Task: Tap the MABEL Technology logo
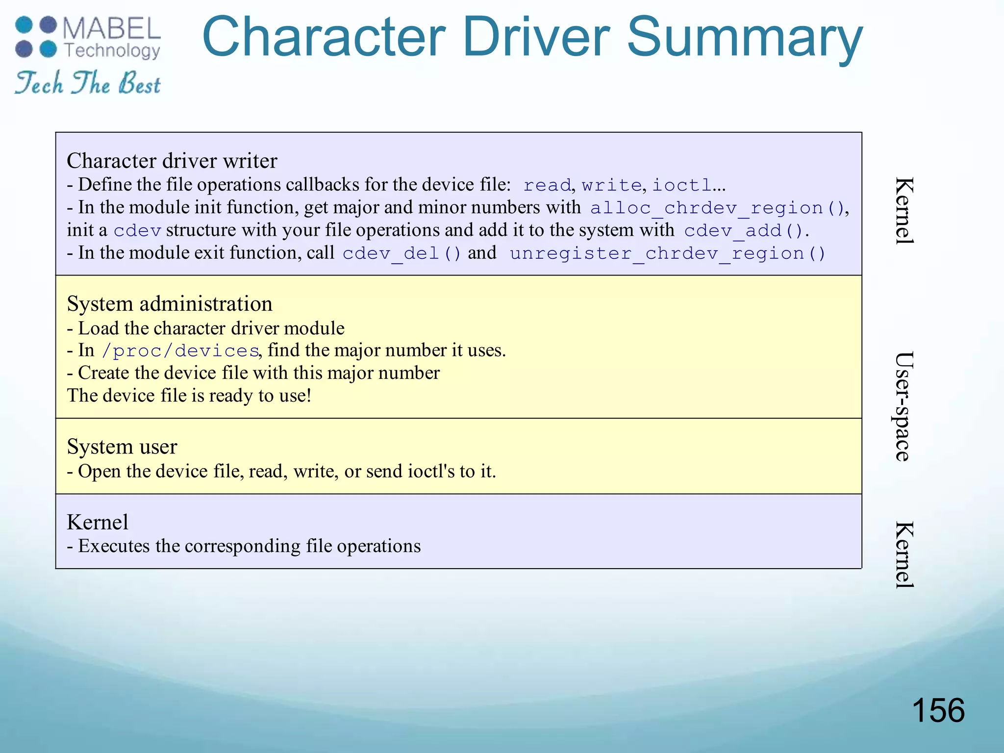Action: (x=88, y=38)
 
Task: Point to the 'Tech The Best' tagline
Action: (x=88, y=83)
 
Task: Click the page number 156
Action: (x=938, y=710)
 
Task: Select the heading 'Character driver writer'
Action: (x=172, y=161)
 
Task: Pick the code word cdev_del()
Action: (x=402, y=253)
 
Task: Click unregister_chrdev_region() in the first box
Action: (x=668, y=253)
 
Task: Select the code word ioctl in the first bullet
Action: (x=681, y=185)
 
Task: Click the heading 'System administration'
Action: (x=170, y=304)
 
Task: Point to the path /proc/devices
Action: (x=180, y=351)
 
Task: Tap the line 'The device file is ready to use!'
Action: (x=189, y=396)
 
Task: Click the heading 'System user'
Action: (x=122, y=447)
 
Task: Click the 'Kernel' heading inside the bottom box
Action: (x=98, y=522)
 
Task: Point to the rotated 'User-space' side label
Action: (x=903, y=406)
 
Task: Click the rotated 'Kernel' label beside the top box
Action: (x=903, y=211)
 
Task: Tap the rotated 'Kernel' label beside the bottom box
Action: (x=903, y=554)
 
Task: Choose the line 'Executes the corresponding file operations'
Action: (x=249, y=546)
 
